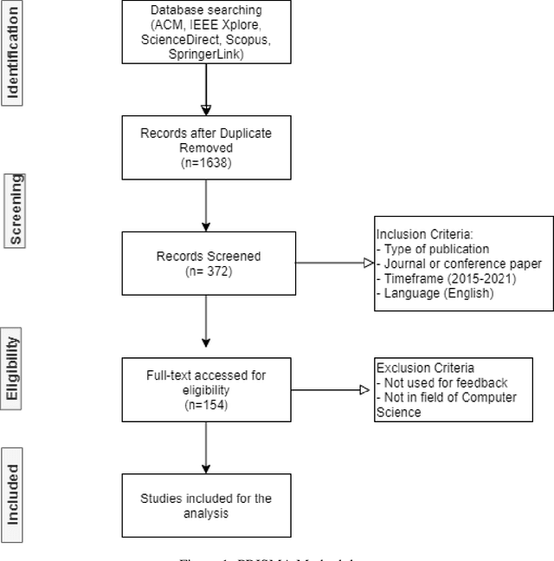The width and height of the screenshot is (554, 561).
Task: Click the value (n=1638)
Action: pyautogui.click(x=206, y=161)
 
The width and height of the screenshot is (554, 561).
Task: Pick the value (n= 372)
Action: pyautogui.click(x=206, y=270)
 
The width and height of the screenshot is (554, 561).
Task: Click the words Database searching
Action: pyautogui.click(x=206, y=10)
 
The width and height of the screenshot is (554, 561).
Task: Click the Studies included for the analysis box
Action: pyautogui.click(x=206, y=504)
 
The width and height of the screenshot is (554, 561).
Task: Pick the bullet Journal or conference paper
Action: pyautogui.click(x=459, y=263)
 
